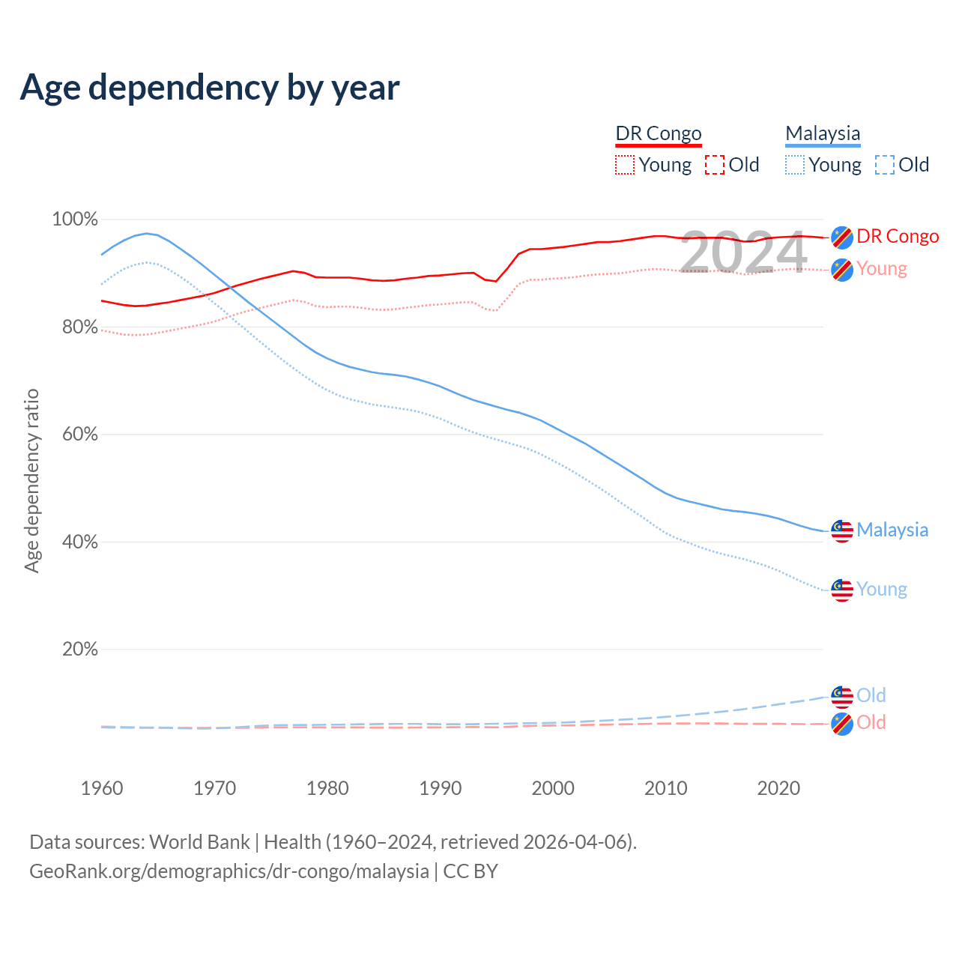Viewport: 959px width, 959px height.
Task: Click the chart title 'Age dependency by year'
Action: click(210, 88)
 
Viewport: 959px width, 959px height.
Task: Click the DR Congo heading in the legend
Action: click(659, 133)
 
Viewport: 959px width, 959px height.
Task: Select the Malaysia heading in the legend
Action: click(823, 133)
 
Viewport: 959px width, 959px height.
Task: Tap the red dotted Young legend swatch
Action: click(624, 165)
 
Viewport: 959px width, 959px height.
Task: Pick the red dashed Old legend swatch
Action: click(715, 165)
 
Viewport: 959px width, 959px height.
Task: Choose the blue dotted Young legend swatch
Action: click(795, 165)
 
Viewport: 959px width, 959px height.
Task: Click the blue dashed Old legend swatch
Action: click(885, 165)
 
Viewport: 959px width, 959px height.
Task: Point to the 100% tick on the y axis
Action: click(75, 220)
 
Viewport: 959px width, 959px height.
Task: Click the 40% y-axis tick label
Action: click(79, 542)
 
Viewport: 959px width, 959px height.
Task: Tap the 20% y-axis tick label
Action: click(79, 649)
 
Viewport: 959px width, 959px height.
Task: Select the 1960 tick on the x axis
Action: click(102, 788)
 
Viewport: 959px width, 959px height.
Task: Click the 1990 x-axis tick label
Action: click(441, 788)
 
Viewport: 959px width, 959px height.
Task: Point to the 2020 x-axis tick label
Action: click(778, 788)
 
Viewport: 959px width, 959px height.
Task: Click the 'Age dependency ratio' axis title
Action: click(31, 480)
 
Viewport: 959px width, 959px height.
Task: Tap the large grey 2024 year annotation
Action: click(743, 252)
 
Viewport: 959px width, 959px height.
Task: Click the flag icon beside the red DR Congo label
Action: click(842, 237)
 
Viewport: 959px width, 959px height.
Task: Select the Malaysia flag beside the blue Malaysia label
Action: click(842, 530)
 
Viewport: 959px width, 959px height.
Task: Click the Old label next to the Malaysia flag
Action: click(871, 695)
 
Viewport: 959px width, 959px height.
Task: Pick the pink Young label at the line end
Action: click(882, 268)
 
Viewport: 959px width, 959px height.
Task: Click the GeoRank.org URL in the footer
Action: click(229, 871)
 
